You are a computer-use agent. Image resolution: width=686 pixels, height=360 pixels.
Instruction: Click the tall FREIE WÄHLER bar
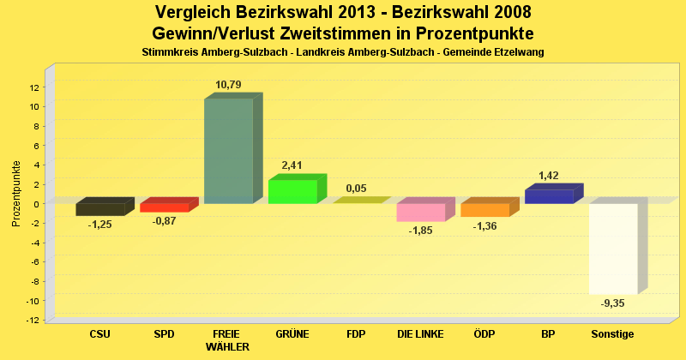(x=228, y=151)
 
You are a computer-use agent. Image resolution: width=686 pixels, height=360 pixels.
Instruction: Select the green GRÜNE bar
(x=292, y=192)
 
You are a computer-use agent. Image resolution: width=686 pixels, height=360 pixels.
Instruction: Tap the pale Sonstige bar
(x=612, y=249)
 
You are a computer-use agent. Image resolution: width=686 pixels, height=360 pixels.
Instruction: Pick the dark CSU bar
(x=99, y=209)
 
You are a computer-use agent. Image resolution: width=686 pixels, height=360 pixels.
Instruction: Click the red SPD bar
(x=164, y=207)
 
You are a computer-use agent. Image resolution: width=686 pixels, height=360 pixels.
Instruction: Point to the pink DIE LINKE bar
(x=420, y=213)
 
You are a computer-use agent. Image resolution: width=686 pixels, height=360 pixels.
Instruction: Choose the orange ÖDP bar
(x=484, y=210)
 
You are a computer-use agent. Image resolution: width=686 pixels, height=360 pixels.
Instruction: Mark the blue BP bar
(x=549, y=196)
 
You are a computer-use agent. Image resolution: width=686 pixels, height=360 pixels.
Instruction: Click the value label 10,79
(x=228, y=84)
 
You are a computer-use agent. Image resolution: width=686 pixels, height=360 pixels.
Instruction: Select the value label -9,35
(x=612, y=303)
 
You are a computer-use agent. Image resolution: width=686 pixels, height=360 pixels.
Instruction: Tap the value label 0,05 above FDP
(x=356, y=188)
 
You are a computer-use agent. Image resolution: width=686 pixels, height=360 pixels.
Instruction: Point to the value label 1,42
(x=549, y=176)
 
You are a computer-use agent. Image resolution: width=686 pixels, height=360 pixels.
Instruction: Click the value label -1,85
(x=420, y=231)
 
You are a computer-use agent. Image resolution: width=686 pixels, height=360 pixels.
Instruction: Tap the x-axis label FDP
(x=356, y=333)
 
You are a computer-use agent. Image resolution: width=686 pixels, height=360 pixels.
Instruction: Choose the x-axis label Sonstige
(x=612, y=333)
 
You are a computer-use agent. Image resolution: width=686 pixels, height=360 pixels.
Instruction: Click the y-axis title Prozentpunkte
(x=16, y=194)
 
